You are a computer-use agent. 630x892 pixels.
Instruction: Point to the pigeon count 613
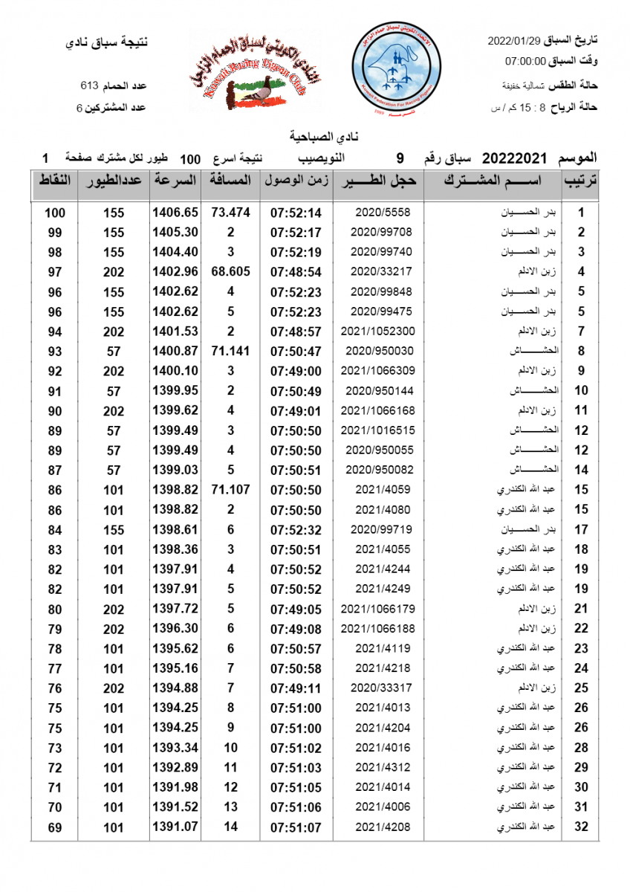pyautogui.click(x=89, y=85)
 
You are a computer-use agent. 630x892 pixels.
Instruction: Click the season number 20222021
pyautogui.click(x=515, y=158)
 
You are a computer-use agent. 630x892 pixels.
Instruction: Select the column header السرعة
pyautogui.click(x=175, y=181)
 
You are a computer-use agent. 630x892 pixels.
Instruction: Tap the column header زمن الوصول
pyautogui.click(x=296, y=181)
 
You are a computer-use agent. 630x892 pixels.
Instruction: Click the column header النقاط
pyautogui.click(x=54, y=181)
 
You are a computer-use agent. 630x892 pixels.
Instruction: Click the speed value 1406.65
pyautogui.click(x=175, y=213)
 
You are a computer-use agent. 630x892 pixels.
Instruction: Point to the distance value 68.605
pyautogui.click(x=230, y=272)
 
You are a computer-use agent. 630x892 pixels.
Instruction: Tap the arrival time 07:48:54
pyautogui.click(x=296, y=272)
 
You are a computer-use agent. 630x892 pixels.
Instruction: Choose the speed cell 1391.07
pyautogui.click(x=175, y=827)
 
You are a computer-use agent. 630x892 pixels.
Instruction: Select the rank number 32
pyautogui.click(x=581, y=827)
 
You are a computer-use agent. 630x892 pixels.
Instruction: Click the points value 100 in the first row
pyautogui.click(x=55, y=213)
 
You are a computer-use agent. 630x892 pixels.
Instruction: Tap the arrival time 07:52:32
pyautogui.click(x=296, y=530)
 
